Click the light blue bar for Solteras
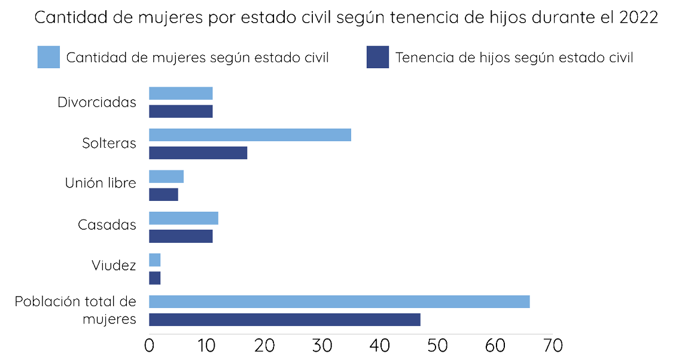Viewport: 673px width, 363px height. point(249,135)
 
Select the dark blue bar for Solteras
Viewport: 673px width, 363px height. point(198,152)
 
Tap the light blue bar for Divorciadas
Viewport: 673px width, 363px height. point(181,93)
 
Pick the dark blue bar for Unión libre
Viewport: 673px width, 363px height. point(163,194)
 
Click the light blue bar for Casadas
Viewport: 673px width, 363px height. point(183,218)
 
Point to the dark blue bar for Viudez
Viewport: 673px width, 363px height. point(155,277)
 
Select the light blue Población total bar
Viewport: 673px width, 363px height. point(339,301)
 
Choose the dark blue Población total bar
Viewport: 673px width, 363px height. point(284,319)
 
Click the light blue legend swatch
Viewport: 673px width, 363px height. point(48,57)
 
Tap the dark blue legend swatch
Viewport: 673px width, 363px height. point(377,57)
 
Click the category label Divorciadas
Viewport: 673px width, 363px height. point(97,102)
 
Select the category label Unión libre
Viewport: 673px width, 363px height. point(101,183)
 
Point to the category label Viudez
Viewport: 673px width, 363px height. point(114,265)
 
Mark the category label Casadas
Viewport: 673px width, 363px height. point(107,225)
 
